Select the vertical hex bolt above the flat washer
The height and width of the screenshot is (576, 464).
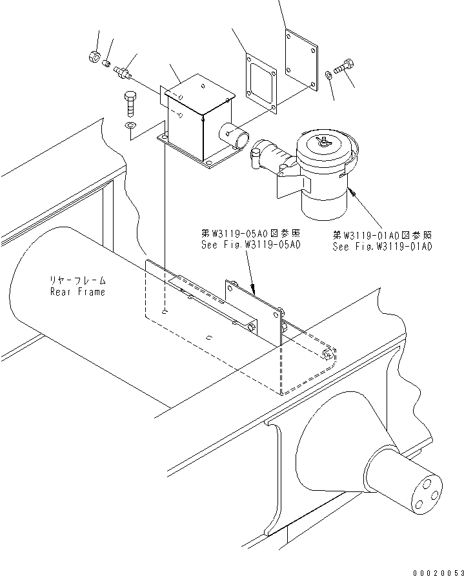tap(130, 105)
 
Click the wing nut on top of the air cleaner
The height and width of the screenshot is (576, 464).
tap(322, 141)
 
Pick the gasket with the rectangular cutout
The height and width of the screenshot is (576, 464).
tap(262, 83)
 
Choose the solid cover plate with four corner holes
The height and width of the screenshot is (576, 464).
tap(301, 60)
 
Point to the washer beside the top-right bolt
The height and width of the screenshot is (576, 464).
tap(328, 75)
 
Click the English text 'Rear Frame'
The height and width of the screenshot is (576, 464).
tap(78, 292)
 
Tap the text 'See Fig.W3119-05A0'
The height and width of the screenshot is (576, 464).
tap(251, 245)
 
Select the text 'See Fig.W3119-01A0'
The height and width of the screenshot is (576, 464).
tap(383, 246)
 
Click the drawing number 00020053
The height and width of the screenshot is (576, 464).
tap(438, 572)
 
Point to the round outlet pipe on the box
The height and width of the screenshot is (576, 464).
tap(234, 136)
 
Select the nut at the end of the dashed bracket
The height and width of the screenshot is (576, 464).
tap(328, 355)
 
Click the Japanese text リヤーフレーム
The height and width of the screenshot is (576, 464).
tap(78, 281)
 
